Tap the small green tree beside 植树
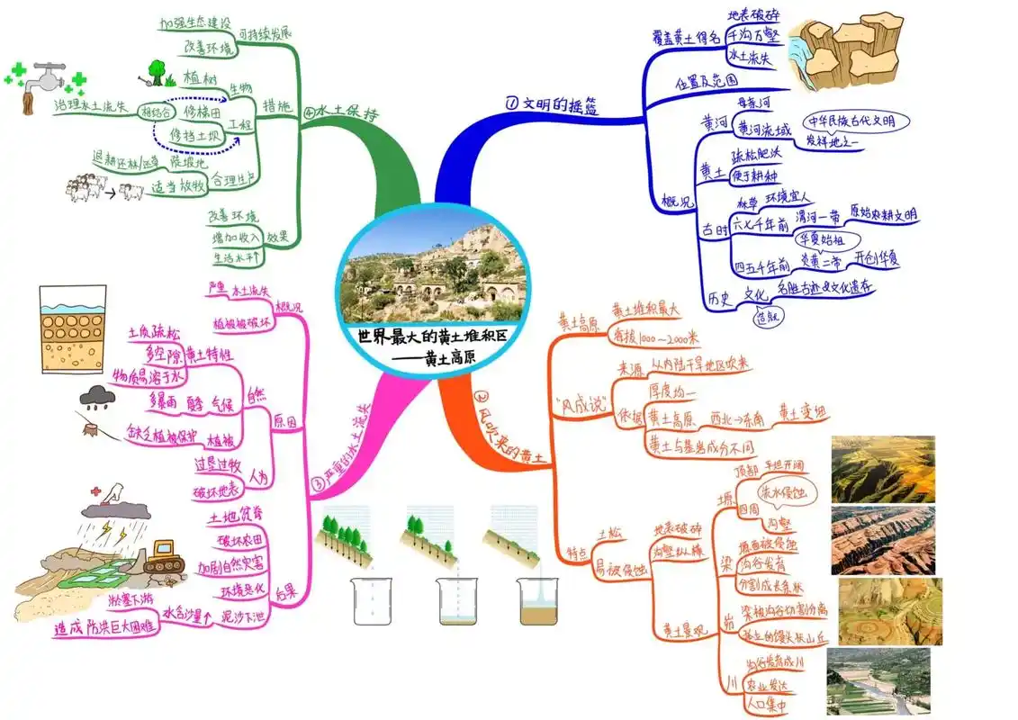tap(157, 70)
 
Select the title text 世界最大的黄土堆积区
tap(433, 337)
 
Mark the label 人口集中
tap(766, 706)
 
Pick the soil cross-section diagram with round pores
tap(73, 330)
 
